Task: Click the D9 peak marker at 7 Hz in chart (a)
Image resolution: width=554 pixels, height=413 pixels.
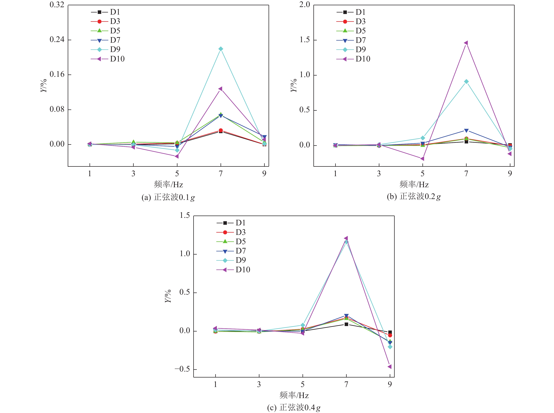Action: pyautogui.click(x=220, y=49)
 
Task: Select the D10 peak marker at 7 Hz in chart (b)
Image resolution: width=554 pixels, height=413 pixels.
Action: pyautogui.click(x=466, y=43)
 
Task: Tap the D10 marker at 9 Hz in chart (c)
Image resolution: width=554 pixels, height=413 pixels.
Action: pyautogui.click(x=389, y=366)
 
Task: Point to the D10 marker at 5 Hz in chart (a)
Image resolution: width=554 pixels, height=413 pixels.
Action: pyautogui.click(x=177, y=156)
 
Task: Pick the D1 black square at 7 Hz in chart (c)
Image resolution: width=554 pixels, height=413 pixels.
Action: pyautogui.click(x=346, y=324)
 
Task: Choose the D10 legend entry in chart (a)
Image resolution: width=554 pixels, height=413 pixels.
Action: pyautogui.click(x=108, y=59)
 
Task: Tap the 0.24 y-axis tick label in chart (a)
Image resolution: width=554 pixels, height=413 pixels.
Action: pyautogui.click(x=57, y=40)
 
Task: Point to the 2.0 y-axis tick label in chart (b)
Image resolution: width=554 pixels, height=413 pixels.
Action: pyautogui.click(x=305, y=5)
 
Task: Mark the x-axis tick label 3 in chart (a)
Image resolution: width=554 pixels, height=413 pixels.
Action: pyautogui.click(x=133, y=174)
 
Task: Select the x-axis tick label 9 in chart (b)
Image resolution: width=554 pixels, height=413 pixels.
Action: pyautogui.click(x=510, y=174)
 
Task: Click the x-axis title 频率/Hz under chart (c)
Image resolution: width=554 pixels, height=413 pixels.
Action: pyautogui.click(x=294, y=395)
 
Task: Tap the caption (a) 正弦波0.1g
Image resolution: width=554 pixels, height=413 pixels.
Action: pyautogui.click(x=168, y=197)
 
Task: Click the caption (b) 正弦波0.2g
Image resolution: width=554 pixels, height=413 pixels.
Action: pyautogui.click(x=414, y=197)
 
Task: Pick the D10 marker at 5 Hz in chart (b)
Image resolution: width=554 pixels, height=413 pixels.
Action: pyautogui.click(x=422, y=158)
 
